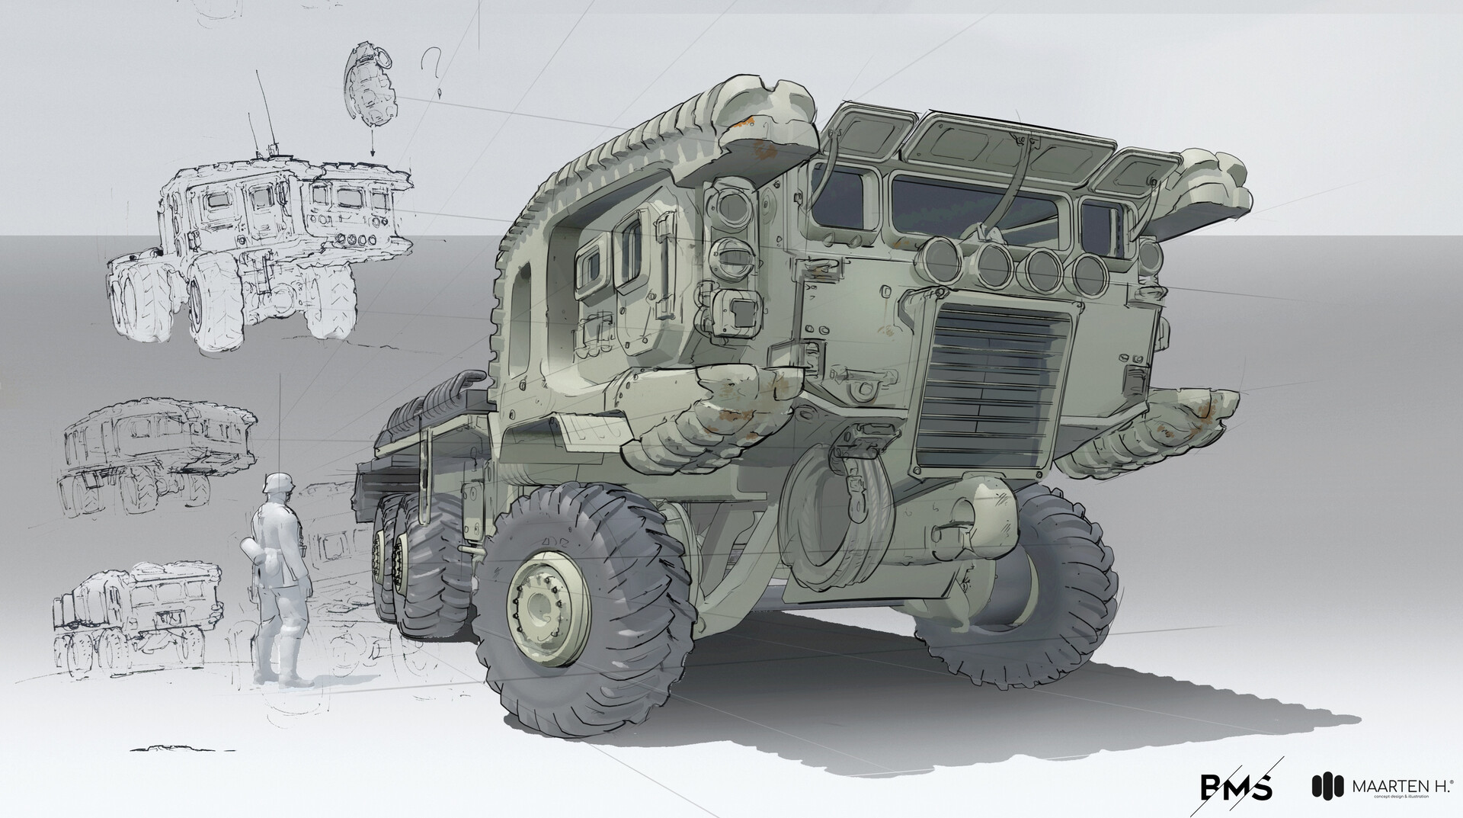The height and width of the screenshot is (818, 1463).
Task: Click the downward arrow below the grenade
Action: click(x=372, y=145)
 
